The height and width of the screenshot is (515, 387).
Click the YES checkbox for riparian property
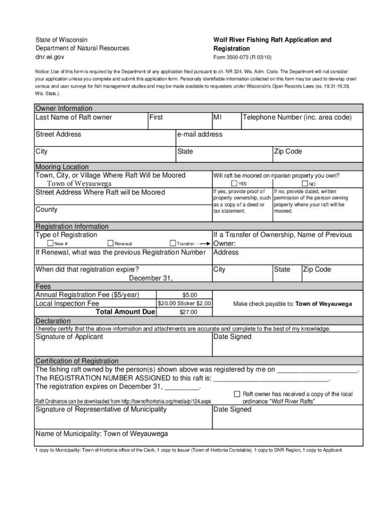pyautogui.click(x=234, y=184)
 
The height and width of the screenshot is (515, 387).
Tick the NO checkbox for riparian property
pyautogui.click(x=305, y=184)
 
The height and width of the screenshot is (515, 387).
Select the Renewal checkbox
pyautogui.click(x=111, y=243)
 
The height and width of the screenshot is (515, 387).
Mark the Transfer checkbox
pyautogui.click(x=173, y=243)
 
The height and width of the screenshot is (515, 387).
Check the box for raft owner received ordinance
pyautogui.click(x=238, y=394)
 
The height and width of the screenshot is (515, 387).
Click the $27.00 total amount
pyautogui.click(x=188, y=312)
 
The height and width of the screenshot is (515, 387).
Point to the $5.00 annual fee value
pyautogui.click(x=189, y=295)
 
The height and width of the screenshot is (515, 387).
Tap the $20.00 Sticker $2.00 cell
pyautogui.click(x=184, y=304)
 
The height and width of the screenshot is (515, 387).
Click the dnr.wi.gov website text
pyautogui.click(x=50, y=58)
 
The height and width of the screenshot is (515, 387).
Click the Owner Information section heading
pyautogui.click(x=64, y=108)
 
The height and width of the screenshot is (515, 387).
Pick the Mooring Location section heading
pyautogui.click(x=62, y=166)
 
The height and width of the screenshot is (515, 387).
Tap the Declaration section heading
pyautogui.click(x=53, y=321)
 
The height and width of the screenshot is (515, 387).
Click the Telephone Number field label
pyautogui.click(x=297, y=117)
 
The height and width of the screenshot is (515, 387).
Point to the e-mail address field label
pyautogui.click(x=200, y=134)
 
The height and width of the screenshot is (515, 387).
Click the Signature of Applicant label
pyautogui.click(x=69, y=336)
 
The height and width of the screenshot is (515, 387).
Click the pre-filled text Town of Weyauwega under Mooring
pyautogui.click(x=79, y=184)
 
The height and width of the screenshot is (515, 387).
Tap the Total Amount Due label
pyautogui.click(x=125, y=312)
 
